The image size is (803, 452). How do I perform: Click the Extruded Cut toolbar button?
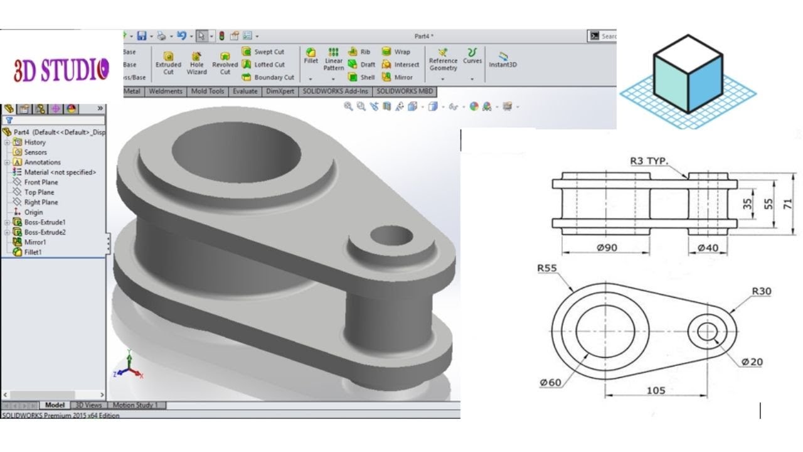(168, 63)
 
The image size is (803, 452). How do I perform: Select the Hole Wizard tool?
(196, 63)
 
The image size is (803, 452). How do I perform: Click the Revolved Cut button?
(225, 63)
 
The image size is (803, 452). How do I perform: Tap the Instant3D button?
(503, 60)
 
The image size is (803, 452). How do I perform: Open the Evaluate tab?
(245, 91)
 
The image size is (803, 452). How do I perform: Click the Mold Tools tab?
(208, 91)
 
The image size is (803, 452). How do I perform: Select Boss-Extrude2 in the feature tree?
(45, 232)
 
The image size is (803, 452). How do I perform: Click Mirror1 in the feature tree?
(35, 242)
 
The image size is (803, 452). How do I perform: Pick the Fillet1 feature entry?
(33, 252)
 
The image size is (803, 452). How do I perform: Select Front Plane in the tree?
(41, 182)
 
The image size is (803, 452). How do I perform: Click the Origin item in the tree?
(33, 212)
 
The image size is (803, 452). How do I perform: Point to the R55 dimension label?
(547, 267)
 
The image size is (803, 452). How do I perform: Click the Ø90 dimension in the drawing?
(607, 248)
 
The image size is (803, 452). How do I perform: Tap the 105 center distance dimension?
(656, 390)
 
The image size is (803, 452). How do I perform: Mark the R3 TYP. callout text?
(649, 161)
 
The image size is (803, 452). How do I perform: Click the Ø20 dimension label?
(752, 362)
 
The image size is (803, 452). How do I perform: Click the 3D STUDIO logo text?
(61, 69)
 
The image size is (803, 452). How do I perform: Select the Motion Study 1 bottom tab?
(136, 405)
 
